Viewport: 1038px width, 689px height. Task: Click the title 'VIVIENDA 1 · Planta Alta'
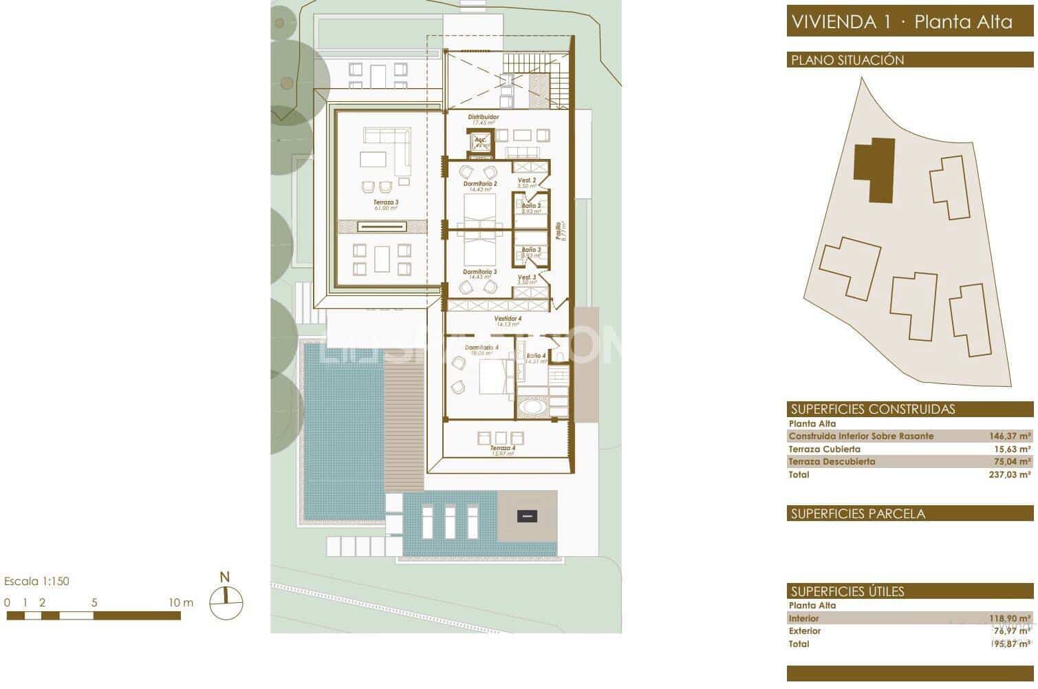click(x=902, y=21)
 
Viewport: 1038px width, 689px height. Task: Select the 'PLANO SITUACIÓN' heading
click(x=847, y=60)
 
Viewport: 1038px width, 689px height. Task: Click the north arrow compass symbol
click(x=226, y=603)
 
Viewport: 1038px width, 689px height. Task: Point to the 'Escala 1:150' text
click(x=36, y=581)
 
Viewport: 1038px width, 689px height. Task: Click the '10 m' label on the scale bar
click(x=181, y=602)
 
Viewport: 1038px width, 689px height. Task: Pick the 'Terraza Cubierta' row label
click(x=824, y=449)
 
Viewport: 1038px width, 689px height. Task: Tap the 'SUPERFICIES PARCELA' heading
click(x=857, y=513)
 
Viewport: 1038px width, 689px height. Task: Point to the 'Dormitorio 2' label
click(x=479, y=184)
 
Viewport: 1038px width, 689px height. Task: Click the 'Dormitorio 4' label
click(x=481, y=348)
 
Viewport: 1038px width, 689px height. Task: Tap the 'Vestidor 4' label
click(x=508, y=319)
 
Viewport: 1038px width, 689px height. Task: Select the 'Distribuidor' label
click(x=484, y=118)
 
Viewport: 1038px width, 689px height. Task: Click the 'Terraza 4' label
click(x=503, y=448)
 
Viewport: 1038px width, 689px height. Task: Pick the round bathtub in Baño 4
click(x=533, y=407)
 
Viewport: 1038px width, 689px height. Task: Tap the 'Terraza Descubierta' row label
click(x=832, y=462)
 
